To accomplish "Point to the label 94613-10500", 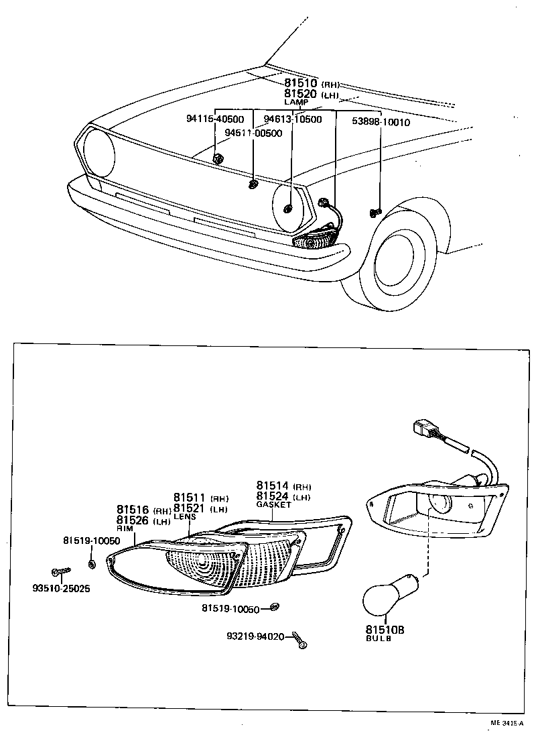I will click(x=292, y=119).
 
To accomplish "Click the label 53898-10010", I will click(x=381, y=122).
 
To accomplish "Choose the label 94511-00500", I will click(x=253, y=133).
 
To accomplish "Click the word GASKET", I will click(x=274, y=505).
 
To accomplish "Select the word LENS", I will click(x=186, y=517).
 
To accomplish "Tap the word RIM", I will click(x=125, y=528).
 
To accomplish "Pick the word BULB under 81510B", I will click(x=379, y=639).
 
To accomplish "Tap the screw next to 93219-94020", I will click(x=299, y=642).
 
